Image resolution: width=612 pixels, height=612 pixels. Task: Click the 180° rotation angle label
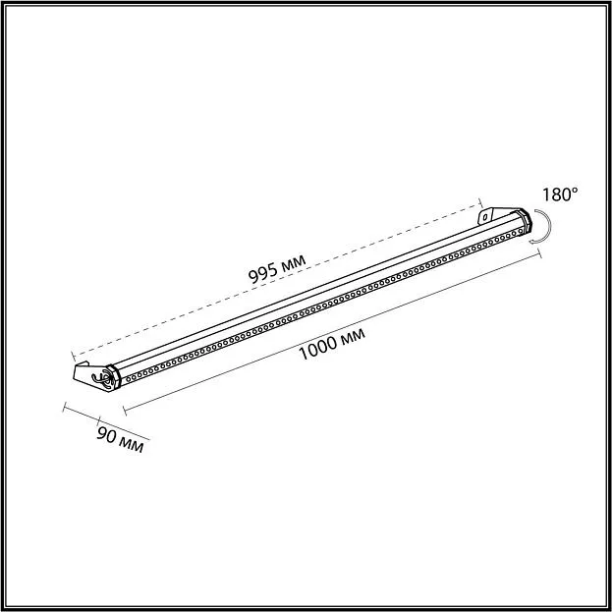[560, 195]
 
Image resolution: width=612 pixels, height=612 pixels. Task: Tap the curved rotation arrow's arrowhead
[532, 242]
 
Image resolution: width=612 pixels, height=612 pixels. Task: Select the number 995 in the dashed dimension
[263, 273]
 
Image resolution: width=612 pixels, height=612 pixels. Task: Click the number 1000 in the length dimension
[317, 348]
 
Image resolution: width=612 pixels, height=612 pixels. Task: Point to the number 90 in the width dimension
[106, 433]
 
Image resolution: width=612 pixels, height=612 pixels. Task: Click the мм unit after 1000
[353, 336]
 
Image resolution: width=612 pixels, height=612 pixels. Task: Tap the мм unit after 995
[294, 262]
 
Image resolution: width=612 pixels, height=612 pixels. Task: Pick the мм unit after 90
[132, 444]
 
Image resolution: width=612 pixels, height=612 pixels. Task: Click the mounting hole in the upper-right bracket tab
[485, 216]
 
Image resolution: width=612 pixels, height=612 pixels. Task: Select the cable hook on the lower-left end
[100, 379]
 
